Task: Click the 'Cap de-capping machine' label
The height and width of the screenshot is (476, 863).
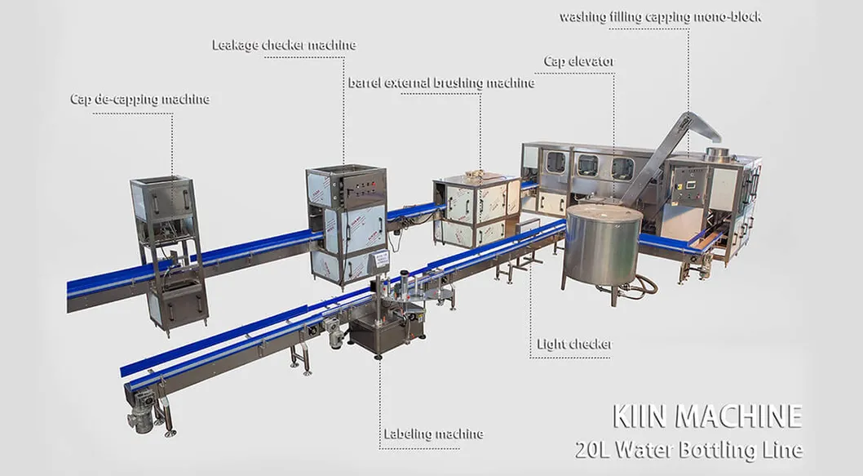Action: pyautogui.click(x=139, y=100)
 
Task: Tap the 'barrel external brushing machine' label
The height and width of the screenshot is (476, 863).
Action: pyautogui.click(x=441, y=82)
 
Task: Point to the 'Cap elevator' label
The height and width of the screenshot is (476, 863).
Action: pyautogui.click(x=579, y=62)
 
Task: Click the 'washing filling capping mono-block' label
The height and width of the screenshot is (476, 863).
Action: pyautogui.click(x=661, y=16)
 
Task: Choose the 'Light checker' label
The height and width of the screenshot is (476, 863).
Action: pyautogui.click(x=573, y=345)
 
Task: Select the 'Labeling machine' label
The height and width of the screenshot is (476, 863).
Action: pyautogui.click(x=433, y=434)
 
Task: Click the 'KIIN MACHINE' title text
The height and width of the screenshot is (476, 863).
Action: pyautogui.click(x=706, y=416)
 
